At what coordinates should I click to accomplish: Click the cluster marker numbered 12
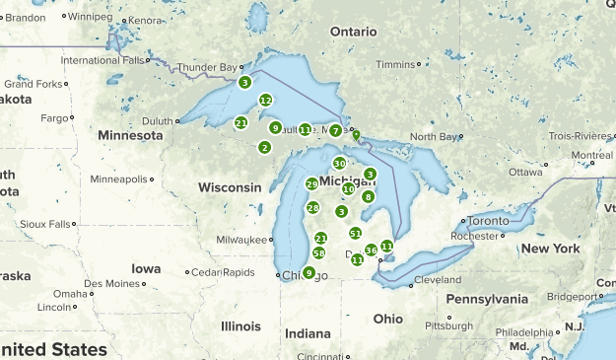point(265,100)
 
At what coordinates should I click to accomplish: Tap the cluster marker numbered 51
point(356,233)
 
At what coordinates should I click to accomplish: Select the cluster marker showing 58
point(318,253)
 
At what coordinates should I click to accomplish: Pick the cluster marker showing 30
point(339,164)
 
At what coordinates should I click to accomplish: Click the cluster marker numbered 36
point(371,251)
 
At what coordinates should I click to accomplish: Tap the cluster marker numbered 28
point(312,207)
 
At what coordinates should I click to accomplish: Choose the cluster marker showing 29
point(311,184)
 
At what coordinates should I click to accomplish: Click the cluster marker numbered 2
point(264,147)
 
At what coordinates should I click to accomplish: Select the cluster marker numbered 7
point(336,130)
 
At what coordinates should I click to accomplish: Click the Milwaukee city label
point(242,240)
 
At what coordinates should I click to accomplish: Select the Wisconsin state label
point(230,186)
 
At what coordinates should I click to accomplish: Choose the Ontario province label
point(353,32)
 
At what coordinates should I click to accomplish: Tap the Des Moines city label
point(112,283)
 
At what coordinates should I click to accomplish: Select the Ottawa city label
point(526,172)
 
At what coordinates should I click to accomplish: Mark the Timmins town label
point(395,64)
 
